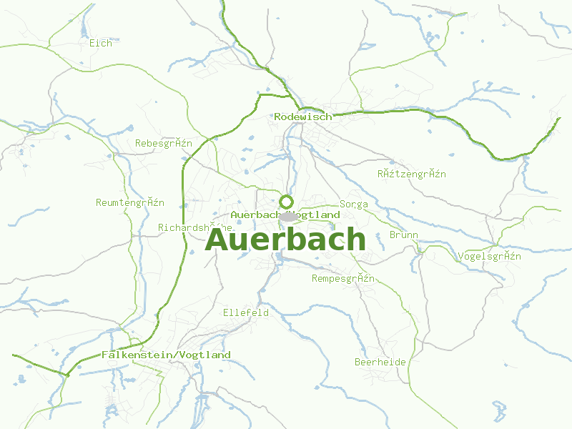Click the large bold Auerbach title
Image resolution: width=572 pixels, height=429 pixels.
[285, 240]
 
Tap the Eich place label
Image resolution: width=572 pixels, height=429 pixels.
[101, 43]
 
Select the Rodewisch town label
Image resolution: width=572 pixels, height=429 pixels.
[302, 117]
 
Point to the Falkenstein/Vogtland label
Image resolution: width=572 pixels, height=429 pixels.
[166, 355]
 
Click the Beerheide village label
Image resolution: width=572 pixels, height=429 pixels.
[380, 362]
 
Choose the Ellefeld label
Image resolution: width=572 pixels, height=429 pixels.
[246, 312]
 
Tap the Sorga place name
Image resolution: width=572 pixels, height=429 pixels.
[354, 204]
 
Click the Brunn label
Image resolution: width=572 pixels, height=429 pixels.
[404, 235]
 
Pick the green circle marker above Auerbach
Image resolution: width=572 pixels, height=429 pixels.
[286, 202]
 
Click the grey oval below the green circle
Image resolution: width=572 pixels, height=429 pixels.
[288, 215]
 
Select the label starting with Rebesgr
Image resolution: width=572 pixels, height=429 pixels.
[164, 143]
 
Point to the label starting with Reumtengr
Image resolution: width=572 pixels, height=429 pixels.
[130, 202]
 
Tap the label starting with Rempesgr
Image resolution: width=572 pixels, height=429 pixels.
[343, 278]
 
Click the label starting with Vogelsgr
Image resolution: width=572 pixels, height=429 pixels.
[489, 256]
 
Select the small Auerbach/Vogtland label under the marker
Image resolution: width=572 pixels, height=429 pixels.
[285, 214]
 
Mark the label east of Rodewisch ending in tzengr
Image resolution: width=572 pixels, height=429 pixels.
[412, 174]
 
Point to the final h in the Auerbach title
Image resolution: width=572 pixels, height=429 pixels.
[355, 240]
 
